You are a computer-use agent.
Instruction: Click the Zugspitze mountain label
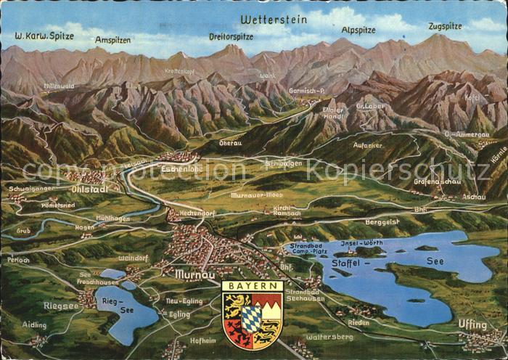click(x=445, y=26)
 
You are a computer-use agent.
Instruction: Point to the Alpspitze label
click(x=359, y=30)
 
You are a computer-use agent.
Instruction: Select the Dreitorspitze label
click(x=231, y=36)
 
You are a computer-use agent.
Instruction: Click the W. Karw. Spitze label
click(x=45, y=35)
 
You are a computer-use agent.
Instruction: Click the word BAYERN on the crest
click(x=252, y=286)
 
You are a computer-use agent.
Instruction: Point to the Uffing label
click(x=472, y=324)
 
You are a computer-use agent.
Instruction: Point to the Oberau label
click(x=230, y=143)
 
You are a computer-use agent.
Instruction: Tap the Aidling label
click(x=34, y=325)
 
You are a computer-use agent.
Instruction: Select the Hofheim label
click(x=203, y=338)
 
